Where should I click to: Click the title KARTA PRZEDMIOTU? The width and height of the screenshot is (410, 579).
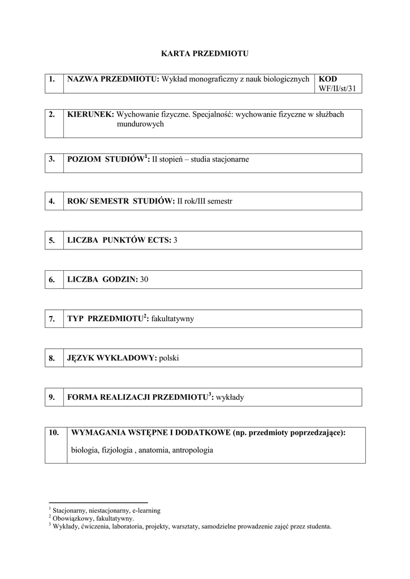205,54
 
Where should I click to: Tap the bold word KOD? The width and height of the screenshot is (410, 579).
328,79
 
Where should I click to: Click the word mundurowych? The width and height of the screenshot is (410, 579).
140,124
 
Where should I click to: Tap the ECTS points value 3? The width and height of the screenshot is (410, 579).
175,240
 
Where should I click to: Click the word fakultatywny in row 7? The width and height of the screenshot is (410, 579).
172,319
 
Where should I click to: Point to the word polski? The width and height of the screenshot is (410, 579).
169,358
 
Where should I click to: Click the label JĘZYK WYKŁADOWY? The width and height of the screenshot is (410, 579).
111,358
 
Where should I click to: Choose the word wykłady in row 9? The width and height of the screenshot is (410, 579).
230,397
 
